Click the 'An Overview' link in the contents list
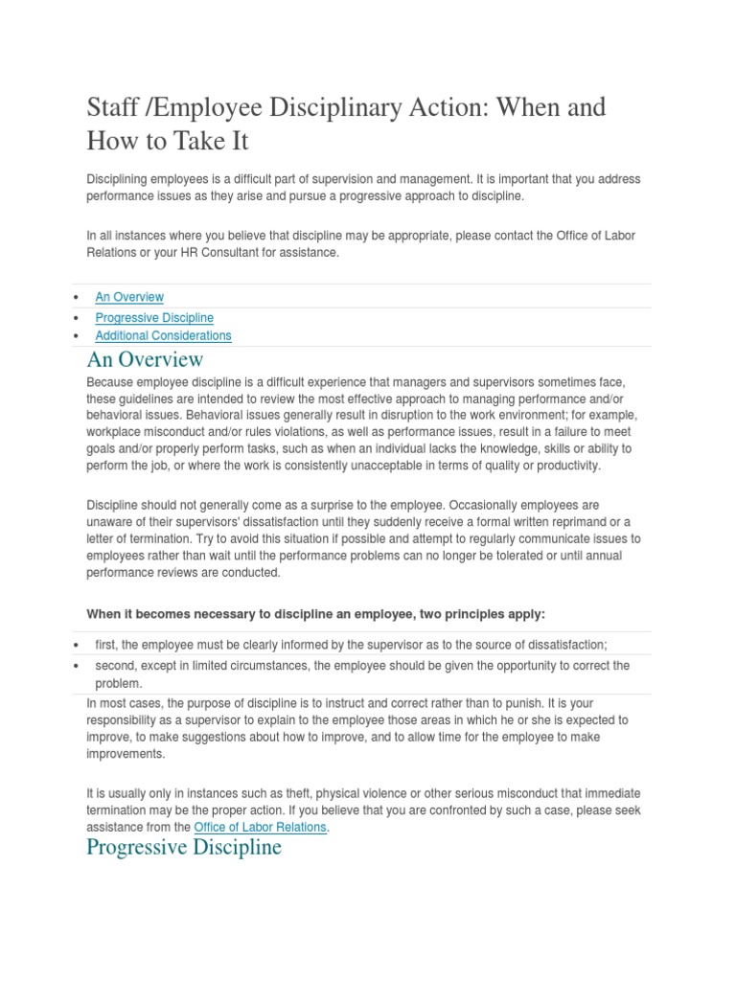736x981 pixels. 129,297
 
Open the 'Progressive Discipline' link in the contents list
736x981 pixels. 154,317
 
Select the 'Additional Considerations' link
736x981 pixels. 163,335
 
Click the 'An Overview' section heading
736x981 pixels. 145,359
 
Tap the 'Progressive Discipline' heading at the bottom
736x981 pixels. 184,848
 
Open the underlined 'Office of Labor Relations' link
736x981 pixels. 260,827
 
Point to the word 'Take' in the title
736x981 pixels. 198,141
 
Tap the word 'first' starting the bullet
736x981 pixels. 105,646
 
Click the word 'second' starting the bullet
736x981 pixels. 114,665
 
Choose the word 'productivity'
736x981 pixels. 565,466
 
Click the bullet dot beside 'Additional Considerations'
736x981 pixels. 76,336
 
